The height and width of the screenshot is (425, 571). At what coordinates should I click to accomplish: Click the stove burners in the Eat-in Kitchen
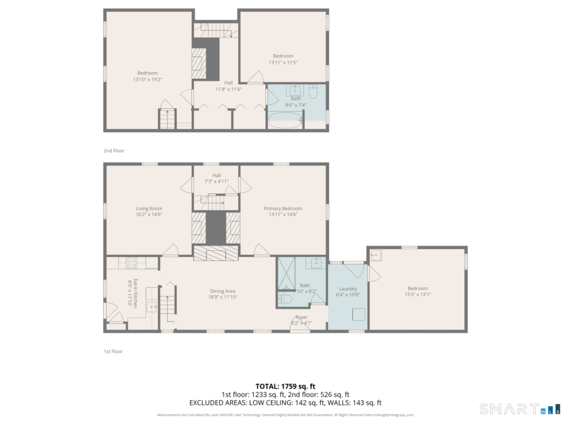131,263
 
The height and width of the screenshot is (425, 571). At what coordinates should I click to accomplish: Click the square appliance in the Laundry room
359,314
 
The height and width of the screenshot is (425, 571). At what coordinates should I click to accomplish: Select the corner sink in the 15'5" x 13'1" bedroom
375,255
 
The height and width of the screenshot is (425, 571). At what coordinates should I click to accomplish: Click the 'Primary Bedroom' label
283,208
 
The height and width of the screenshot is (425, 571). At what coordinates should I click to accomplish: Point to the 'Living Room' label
149,208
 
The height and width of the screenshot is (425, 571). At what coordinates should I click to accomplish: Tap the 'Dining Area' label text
222,291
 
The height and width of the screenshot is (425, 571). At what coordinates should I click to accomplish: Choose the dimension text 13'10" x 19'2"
147,79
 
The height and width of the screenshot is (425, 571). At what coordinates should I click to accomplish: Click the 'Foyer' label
301,317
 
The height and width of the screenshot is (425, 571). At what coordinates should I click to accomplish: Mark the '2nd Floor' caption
114,151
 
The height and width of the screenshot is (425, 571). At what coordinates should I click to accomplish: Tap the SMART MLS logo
519,408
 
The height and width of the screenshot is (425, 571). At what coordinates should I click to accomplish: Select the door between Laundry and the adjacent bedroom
374,274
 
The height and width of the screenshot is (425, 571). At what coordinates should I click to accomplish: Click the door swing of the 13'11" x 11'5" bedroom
255,78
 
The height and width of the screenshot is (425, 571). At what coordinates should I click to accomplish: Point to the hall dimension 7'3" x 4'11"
217,181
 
